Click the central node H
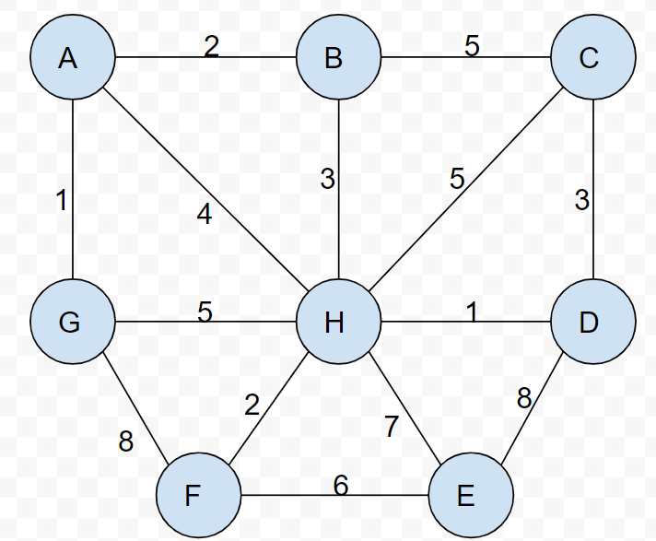(x=337, y=323)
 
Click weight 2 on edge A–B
(x=212, y=46)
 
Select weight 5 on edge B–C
(x=472, y=46)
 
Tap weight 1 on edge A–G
(x=61, y=200)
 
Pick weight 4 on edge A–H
(x=205, y=215)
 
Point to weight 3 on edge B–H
(x=327, y=179)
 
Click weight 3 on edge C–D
(x=581, y=200)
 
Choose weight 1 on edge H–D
(x=472, y=312)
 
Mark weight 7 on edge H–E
(x=392, y=428)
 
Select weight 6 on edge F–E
(x=341, y=485)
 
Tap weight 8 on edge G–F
(x=126, y=441)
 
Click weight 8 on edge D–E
(x=524, y=399)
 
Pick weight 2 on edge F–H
(x=252, y=404)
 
